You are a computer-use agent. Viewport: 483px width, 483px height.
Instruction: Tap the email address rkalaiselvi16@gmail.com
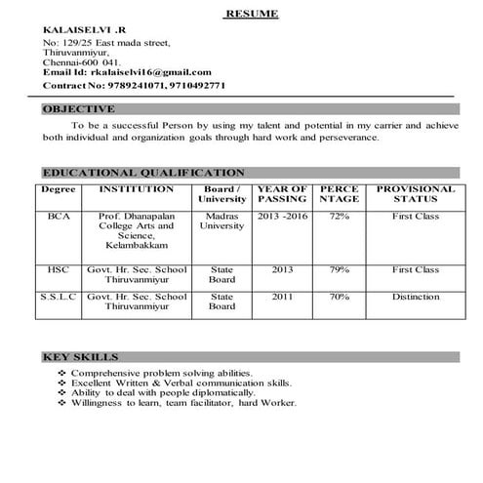point(150,71)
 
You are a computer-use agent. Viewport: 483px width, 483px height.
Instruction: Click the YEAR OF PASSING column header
point(282,193)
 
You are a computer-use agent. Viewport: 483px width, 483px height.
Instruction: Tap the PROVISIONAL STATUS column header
point(415,193)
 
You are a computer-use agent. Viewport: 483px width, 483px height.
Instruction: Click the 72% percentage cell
point(340,216)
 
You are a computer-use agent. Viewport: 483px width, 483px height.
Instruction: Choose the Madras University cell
point(221,221)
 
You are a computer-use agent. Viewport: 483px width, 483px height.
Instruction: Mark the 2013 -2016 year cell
point(282,216)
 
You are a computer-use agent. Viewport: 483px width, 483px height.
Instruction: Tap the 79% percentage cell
point(340,268)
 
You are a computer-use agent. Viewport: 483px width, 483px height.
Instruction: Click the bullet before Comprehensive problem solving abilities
point(62,374)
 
